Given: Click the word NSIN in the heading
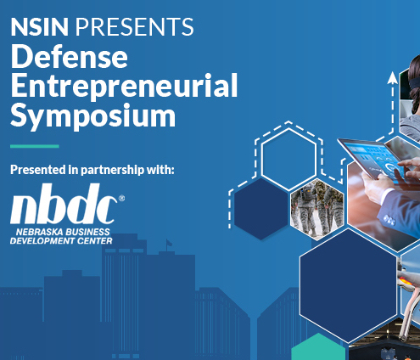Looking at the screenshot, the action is click(40, 26).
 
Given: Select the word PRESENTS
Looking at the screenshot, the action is click(134, 26).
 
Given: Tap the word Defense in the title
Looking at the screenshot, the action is click(70, 57).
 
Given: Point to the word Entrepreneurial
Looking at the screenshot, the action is click(124, 86).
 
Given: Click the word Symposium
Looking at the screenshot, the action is click(93, 116).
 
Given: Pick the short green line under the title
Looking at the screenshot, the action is click(35, 146).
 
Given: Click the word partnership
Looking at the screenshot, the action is click(112, 170).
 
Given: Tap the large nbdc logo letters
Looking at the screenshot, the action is click(64, 204).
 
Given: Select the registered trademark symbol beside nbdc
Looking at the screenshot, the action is click(121, 198).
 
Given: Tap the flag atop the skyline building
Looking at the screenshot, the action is click(169, 243).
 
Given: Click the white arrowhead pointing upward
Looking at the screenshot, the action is click(393, 78).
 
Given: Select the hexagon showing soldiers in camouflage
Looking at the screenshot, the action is click(317, 210).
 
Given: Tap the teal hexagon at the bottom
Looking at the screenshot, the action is click(318, 347).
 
